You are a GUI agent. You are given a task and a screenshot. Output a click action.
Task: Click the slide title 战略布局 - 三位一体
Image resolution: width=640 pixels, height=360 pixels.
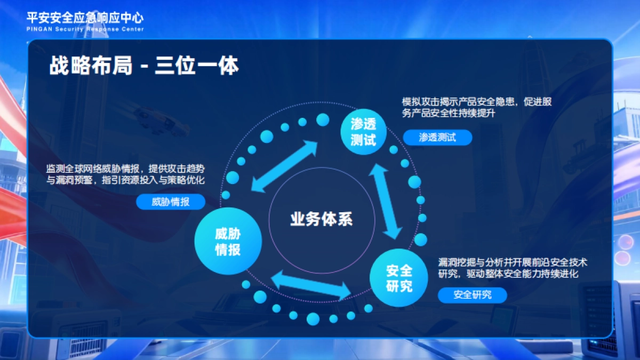coord(144,67)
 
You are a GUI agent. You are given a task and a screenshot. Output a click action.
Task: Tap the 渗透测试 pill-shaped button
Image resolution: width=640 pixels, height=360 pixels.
coord(437,138)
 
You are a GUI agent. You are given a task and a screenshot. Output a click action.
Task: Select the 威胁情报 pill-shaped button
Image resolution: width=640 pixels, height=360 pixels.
coord(171,202)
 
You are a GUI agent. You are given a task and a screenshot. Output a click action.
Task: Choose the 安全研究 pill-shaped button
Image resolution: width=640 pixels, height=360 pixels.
coord(472,294)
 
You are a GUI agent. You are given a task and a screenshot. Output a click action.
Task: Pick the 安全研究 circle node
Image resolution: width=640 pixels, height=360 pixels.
coord(399,278)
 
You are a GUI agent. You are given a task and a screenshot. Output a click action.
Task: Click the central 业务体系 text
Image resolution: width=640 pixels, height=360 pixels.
coord(321,219)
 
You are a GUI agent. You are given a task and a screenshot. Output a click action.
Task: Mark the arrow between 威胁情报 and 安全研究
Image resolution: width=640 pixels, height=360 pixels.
coord(311,284)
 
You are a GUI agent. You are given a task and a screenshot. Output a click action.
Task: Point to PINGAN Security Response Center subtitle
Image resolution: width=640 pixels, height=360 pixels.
coord(85,29)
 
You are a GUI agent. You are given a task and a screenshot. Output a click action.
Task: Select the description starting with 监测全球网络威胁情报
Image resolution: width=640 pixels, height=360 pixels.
coord(126,174)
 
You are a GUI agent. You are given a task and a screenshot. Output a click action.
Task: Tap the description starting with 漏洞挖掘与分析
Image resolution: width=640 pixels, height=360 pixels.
coord(513,268)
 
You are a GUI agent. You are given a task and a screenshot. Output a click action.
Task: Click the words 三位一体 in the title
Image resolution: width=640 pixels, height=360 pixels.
coord(197,67)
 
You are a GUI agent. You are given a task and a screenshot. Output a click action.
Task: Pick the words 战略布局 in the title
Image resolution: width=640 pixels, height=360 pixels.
coord(91,67)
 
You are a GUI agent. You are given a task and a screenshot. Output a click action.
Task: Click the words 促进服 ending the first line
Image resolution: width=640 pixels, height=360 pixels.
coord(539,101)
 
